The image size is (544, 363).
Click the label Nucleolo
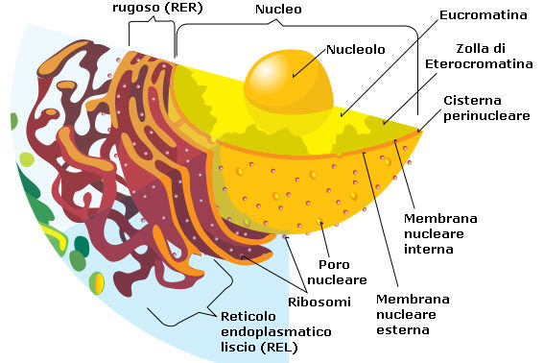click(x=358, y=47)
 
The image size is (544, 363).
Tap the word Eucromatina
click(x=483, y=15)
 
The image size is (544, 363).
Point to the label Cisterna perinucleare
click(x=484, y=109)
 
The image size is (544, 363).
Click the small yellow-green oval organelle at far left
click(x=97, y=284)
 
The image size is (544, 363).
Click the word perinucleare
click(x=484, y=116)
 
